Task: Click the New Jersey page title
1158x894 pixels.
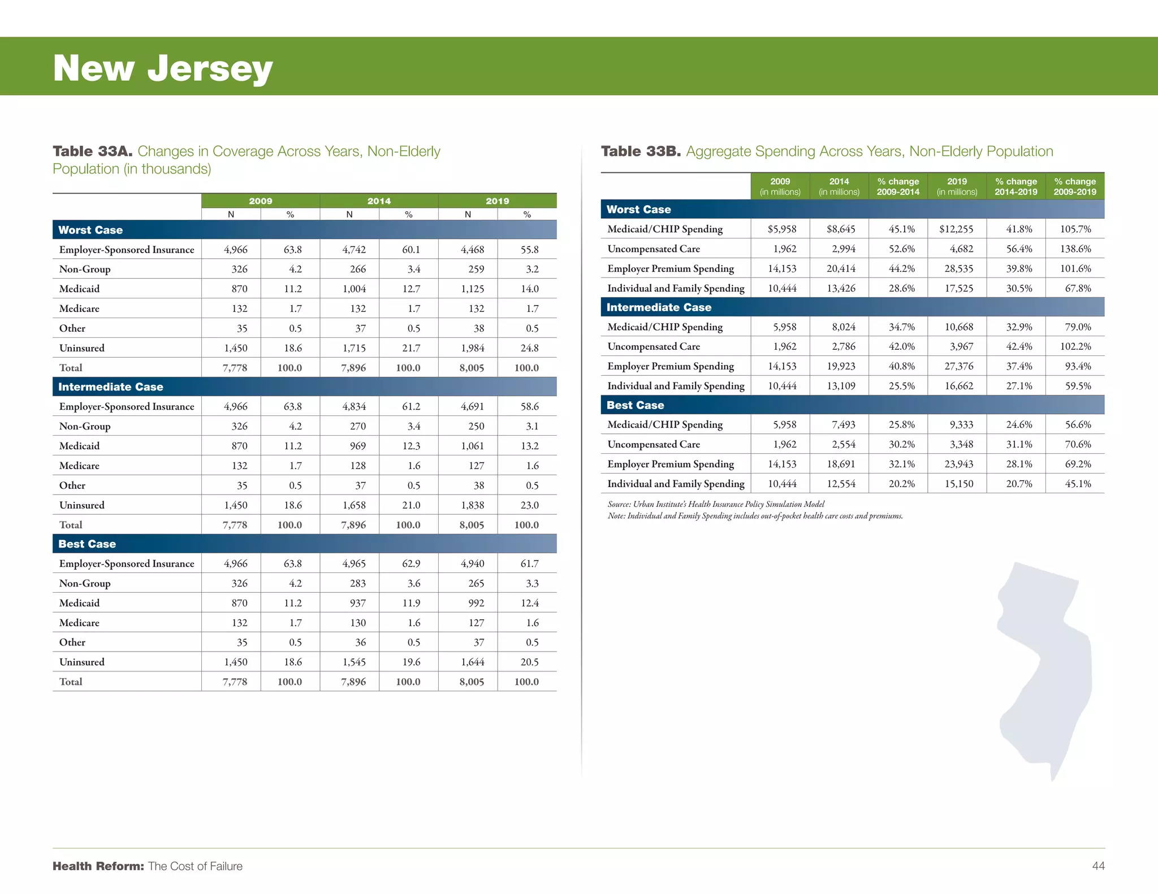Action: click(163, 68)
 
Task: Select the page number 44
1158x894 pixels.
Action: click(1098, 866)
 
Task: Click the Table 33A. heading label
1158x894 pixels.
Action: click(92, 151)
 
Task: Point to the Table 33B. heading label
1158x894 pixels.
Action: click(641, 151)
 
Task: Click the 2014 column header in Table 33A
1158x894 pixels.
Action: click(379, 201)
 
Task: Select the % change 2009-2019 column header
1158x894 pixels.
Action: click(1075, 186)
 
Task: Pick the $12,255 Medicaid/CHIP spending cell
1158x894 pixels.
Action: click(956, 229)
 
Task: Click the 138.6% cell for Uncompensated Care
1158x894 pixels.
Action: click(1075, 249)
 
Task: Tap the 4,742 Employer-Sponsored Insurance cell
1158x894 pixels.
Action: click(354, 250)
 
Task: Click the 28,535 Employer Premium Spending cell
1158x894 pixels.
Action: click(958, 268)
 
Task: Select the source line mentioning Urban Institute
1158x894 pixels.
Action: click(716, 504)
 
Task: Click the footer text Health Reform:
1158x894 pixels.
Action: click(98, 866)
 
